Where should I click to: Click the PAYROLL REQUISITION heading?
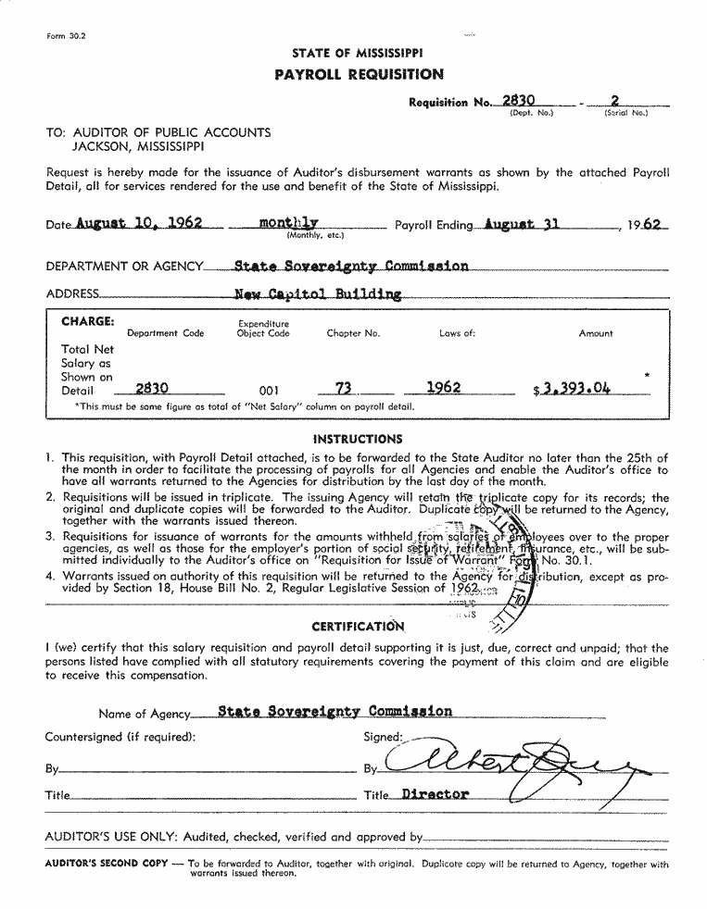(x=359, y=74)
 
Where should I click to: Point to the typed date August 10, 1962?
(x=138, y=224)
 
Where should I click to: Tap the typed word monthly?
(x=289, y=223)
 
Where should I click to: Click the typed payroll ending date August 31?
(x=521, y=224)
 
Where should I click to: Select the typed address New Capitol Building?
(x=319, y=294)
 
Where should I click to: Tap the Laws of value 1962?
(x=443, y=388)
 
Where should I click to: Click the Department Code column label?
(x=165, y=333)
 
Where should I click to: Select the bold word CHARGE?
(x=88, y=321)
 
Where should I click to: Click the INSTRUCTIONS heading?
(x=358, y=439)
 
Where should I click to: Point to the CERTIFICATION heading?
(x=359, y=627)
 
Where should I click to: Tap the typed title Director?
(x=436, y=794)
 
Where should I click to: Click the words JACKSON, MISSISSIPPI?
(x=139, y=146)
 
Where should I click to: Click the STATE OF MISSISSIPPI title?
(x=358, y=54)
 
